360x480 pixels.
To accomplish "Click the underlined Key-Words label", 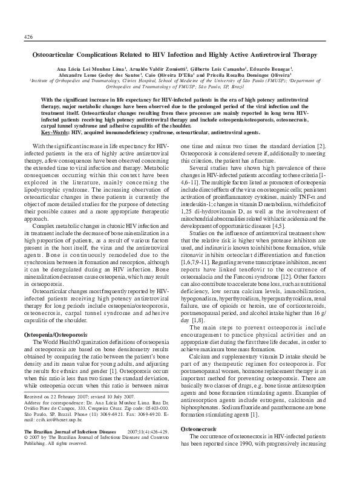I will [54, 132].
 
